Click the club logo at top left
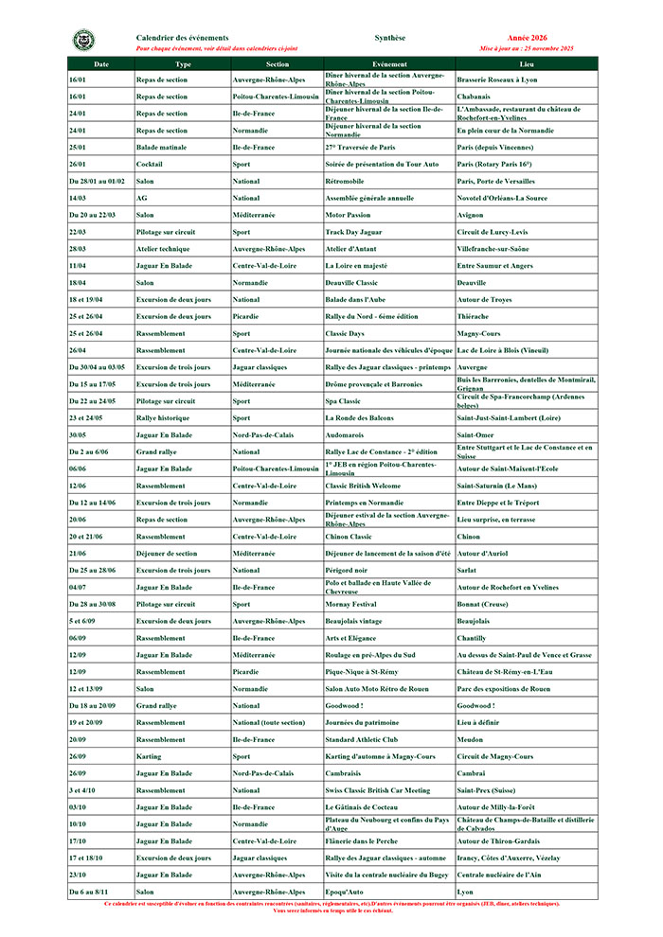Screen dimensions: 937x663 tap(83, 41)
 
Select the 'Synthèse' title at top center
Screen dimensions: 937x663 tap(390, 37)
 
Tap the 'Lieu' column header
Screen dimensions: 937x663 tap(527, 63)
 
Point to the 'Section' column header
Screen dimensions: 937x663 tap(277, 63)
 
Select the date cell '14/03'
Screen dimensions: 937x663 tap(78, 198)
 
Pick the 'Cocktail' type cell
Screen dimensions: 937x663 tap(150, 164)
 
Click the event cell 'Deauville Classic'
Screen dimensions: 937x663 tap(352, 282)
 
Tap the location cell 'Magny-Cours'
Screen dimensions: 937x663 tap(481, 333)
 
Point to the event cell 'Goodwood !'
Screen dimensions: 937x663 tap(346, 705)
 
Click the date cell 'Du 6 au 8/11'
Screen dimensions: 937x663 tap(88, 892)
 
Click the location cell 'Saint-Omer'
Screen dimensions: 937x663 tap(478, 434)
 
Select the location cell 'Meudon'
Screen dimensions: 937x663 tap(471, 739)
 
